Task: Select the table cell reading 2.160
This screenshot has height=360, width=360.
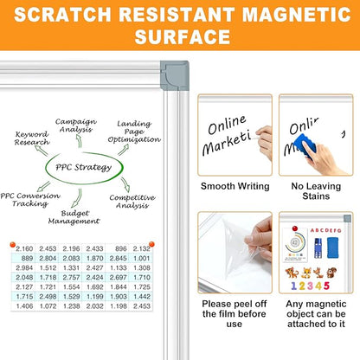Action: [x=25, y=248]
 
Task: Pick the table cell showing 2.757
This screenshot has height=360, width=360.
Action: [x=72, y=277]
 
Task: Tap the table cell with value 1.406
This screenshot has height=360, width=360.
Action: [x=25, y=305]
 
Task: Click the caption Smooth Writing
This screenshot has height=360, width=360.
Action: [x=234, y=186]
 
